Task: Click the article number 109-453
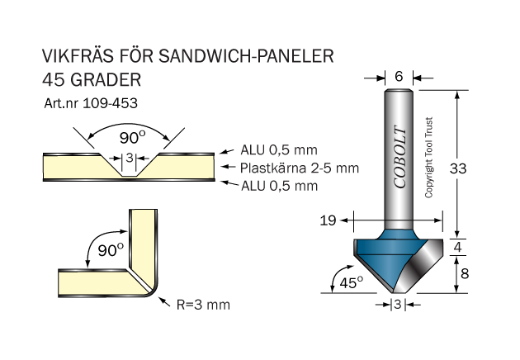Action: tap(111, 104)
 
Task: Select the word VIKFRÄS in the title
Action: tap(78, 57)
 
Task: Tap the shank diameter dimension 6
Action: tap(399, 77)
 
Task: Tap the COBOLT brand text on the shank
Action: tap(400, 157)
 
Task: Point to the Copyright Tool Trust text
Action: tap(428, 158)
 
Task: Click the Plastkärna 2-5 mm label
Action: tap(300, 168)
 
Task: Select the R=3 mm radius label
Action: tap(203, 304)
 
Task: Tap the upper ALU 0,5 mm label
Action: tap(278, 151)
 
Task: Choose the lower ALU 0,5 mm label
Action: tap(278, 186)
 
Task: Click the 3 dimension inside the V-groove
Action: tap(129, 159)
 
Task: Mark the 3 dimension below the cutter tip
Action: tap(398, 305)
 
